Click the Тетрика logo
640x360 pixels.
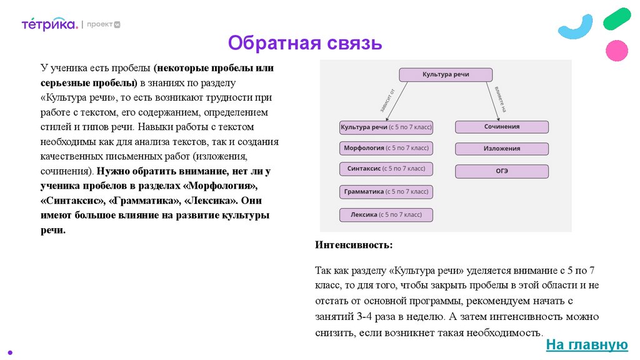pos(49,24)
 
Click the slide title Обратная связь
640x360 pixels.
pos(304,43)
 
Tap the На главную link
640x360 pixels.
pos(586,344)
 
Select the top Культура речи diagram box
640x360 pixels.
pos(446,75)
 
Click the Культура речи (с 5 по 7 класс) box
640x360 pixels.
pos(386,127)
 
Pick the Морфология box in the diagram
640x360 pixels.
pos(386,149)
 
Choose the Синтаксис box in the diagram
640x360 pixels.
pos(386,169)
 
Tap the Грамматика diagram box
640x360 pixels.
pos(386,192)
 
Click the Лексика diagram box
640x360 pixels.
pos(386,215)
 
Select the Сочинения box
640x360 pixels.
pos(501,127)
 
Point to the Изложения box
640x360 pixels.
pos(501,149)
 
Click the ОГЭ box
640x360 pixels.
pos(501,171)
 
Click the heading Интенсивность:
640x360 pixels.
pos(354,244)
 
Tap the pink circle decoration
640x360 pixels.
pos(617,50)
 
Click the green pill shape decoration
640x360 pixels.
pos(617,19)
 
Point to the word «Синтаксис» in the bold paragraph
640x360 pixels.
pos(74,201)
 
